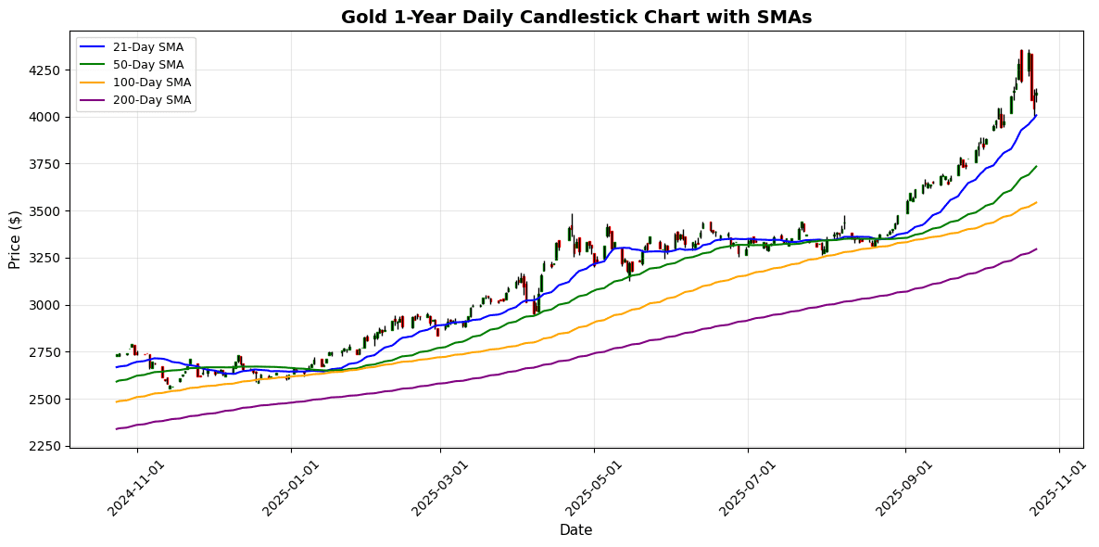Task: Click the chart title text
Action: tap(575, 17)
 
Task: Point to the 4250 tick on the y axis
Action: tap(45, 70)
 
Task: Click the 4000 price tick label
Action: tap(45, 117)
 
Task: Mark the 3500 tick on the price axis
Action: tap(45, 211)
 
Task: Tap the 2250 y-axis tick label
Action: tap(45, 446)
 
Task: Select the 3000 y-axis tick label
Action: tap(45, 305)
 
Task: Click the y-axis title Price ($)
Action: tap(15, 239)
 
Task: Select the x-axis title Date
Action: tap(575, 530)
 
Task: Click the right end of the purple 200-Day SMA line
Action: tap(1036, 248)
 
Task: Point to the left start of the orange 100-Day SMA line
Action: tap(117, 401)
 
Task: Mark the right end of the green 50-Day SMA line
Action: tap(1036, 167)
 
